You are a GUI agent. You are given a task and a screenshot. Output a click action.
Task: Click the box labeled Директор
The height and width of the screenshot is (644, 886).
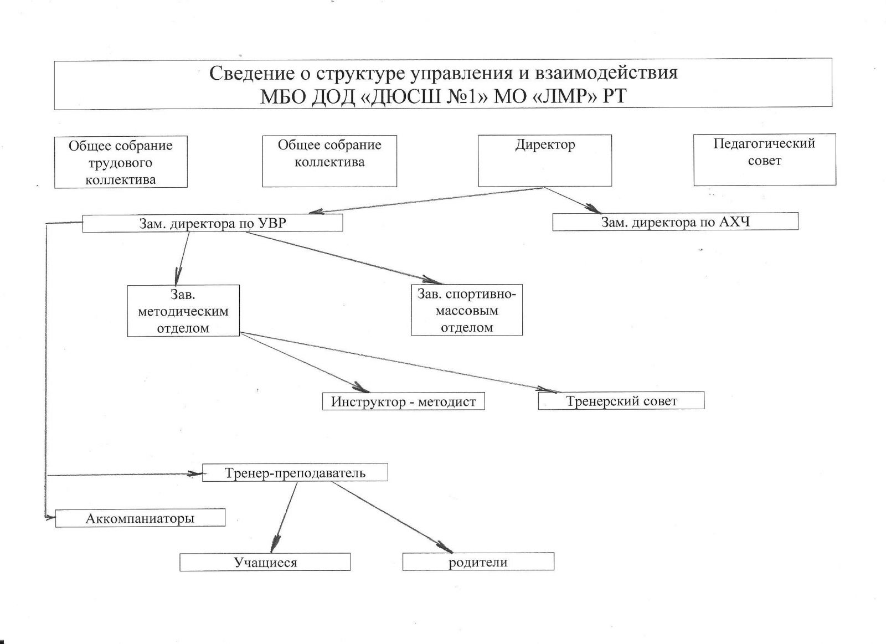[x=545, y=160]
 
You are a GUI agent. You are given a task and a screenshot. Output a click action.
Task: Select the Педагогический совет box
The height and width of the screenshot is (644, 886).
[x=764, y=159]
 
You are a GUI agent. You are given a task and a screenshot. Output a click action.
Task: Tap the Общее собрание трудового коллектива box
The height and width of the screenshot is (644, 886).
[x=121, y=162]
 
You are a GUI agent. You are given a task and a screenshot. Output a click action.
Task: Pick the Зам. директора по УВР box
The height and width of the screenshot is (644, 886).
[x=212, y=223]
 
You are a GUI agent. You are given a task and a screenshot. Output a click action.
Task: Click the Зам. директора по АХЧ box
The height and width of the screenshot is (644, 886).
[x=675, y=222]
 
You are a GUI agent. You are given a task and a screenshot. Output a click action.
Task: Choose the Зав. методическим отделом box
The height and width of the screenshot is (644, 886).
[x=183, y=311]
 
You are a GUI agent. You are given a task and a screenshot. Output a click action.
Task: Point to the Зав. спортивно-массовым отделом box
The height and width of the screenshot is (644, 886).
[x=467, y=310]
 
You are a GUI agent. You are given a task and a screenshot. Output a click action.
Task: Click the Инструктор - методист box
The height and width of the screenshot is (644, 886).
[x=403, y=401]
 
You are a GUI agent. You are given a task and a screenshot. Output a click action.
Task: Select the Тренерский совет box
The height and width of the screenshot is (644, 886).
[x=621, y=401]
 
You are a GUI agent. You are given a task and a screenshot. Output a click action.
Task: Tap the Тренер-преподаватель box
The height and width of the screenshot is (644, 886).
[x=295, y=473]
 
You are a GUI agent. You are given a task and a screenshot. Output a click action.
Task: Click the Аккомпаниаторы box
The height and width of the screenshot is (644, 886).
[x=140, y=518]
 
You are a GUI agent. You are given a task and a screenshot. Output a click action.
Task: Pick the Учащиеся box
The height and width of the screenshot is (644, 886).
[x=265, y=563]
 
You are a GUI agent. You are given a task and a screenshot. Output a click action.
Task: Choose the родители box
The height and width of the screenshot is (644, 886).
[x=478, y=562]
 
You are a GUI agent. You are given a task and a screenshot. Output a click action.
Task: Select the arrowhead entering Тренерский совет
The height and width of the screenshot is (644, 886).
[x=545, y=390]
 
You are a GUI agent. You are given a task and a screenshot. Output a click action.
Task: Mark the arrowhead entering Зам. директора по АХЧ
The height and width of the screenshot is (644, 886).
[x=595, y=209]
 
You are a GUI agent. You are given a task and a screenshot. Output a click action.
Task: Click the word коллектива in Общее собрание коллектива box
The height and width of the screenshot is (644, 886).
[x=329, y=162]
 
